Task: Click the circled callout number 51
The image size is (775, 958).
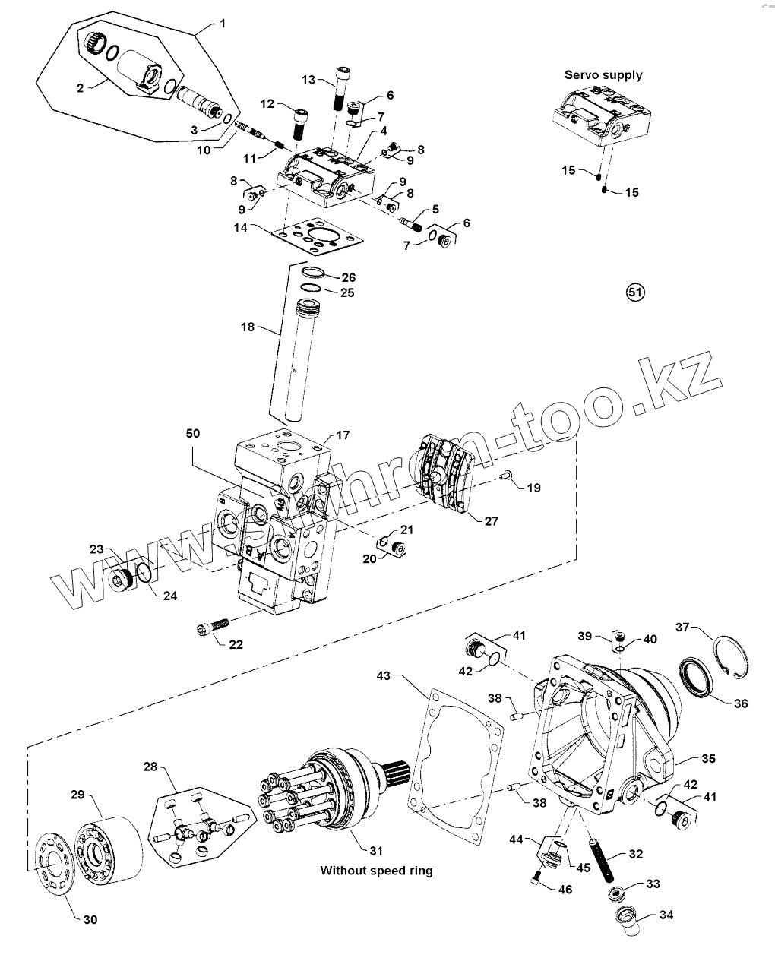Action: pos(634,292)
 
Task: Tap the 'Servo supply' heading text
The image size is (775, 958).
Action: pos(603,74)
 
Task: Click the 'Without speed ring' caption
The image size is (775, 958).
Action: pos(376,871)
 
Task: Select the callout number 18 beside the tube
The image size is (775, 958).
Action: pos(248,327)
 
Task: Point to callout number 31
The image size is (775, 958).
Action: pos(376,850)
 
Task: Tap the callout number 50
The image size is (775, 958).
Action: pos(193,433)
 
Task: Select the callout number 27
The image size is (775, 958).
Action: pos(492,521)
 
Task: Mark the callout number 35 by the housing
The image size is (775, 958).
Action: pos(708,758)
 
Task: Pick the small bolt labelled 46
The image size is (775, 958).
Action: pos(536,880)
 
